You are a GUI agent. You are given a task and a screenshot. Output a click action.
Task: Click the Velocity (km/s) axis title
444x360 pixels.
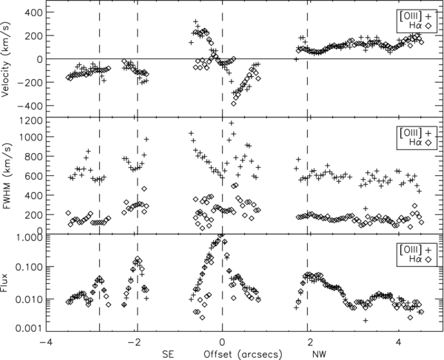tap(7, 59)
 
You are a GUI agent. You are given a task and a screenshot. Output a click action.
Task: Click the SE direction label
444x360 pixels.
tap(169, 353)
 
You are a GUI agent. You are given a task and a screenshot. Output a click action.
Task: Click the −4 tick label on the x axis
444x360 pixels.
tap(45, 343)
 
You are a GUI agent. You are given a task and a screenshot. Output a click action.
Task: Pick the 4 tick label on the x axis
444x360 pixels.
tap(399, 343)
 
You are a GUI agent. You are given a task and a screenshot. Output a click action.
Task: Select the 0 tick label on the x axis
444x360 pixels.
tap(223, 343)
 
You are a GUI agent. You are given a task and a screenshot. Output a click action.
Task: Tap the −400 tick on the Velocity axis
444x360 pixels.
tap(27, 106)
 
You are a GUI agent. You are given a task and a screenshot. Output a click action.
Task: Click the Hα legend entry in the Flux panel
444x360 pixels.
tap(411, 260)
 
